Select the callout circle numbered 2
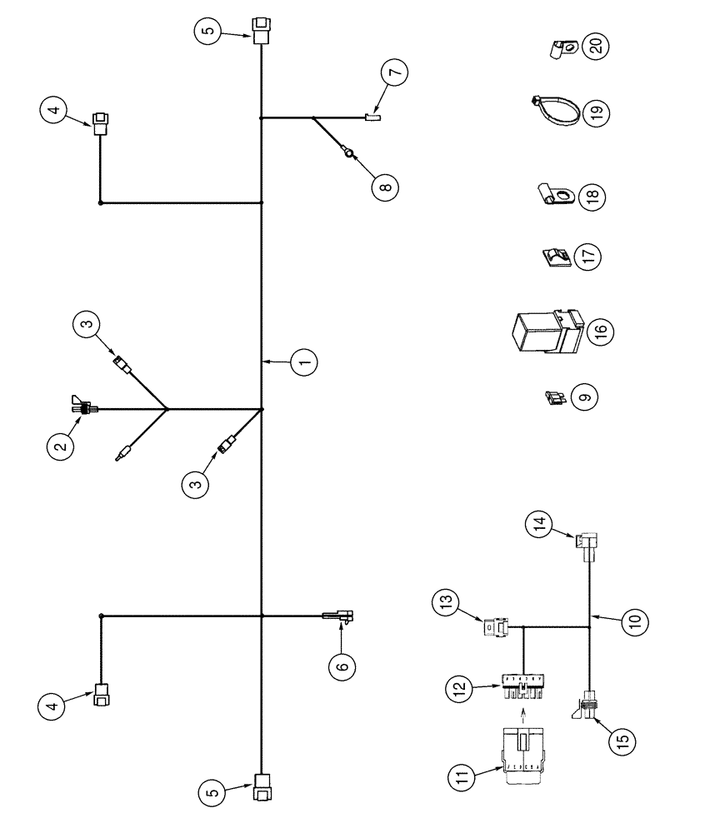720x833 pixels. point(60,446)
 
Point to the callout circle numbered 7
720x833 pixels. point(396,72)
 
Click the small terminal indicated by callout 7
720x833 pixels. point(372,118)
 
